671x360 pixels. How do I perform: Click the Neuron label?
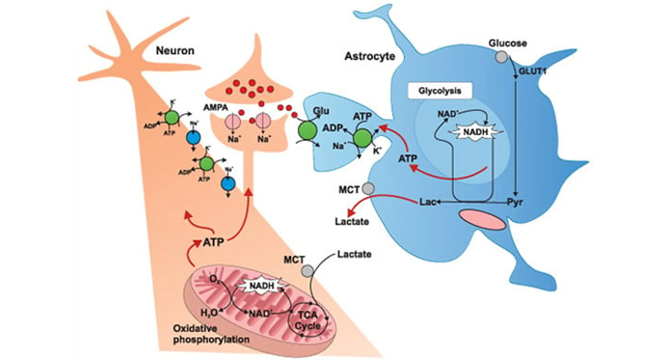(x=175, y=51)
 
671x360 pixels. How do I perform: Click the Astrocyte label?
(x=370, y=56)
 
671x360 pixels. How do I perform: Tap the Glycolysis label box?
(x=440, y=91)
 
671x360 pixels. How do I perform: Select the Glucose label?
(x=507, y=43)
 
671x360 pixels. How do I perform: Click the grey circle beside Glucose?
(x=502, y=57)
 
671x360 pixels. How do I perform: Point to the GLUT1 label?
(x=532, y=71)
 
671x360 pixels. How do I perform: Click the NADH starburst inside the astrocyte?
(x=475, y=132)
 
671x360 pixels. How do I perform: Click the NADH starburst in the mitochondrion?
(x=262, y=286)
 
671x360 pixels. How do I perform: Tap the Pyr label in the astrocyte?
(x=515, y=202)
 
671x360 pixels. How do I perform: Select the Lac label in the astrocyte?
(x=427, y=202)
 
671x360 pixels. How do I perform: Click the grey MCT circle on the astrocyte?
(x=368, y=189)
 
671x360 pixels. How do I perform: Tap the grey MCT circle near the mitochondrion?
(x=308, y=270)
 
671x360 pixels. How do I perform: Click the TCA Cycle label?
(x=308, y=321)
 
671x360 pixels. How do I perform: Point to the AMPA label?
(x=216, y=107)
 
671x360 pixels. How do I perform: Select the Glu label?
(x=321, y=111)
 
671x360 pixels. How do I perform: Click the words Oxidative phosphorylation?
(x=211, y=334)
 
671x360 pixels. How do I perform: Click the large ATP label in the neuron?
(x=213, y=242)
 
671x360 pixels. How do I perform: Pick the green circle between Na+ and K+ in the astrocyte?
(x=362, y=138)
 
